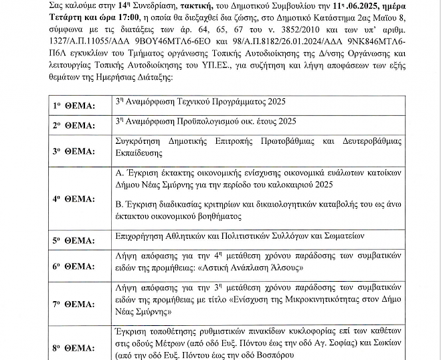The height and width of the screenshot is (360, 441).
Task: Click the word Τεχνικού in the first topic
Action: tap(196, 101)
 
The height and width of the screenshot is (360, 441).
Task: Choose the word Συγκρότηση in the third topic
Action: tap(140, 143)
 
